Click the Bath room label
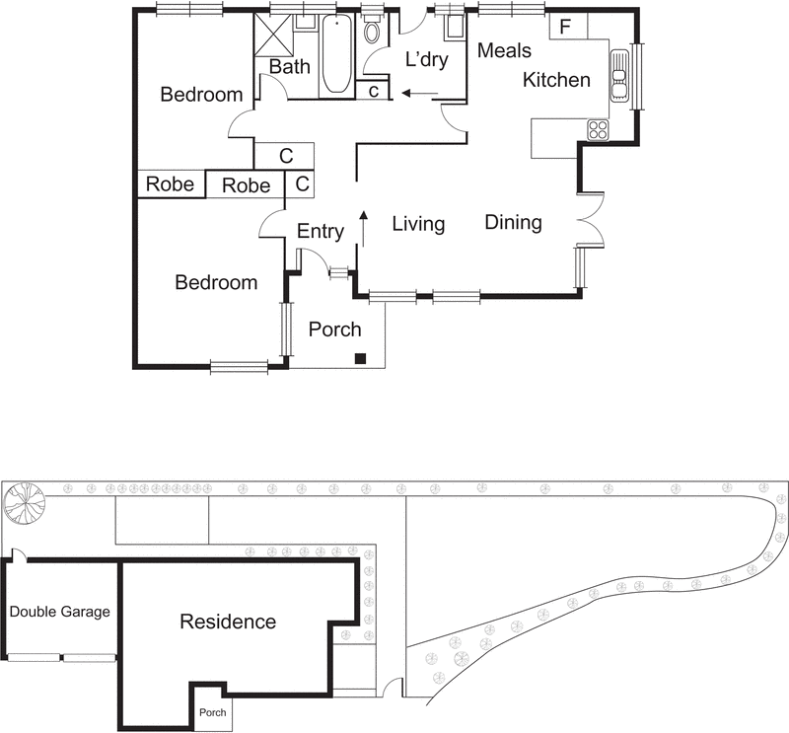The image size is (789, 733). pyautogui.click(x=289, y=67)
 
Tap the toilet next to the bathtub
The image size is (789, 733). pyautogui.click(x=372, y=31)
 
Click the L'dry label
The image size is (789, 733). pyautogui.click(x=426, y=60)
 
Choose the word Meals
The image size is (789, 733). pyautogui.click(x=504, y=50)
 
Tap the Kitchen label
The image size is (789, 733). pyautogui.click(x=556, y=80)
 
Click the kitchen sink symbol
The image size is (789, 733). pyautogui.click(x=619, y=76)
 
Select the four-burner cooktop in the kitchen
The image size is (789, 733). pyautogui.click(x=598, y=129)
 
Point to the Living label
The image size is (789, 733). pyautogui.click(x=418, y=224)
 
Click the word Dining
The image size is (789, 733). pyautogui.click(x=513, y=222)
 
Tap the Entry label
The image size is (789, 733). pyautogui.click(x=321, y=232)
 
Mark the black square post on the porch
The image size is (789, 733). pyautogui.click(x=362, y=358)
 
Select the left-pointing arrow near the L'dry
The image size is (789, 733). pyautogui.click(x=420, y=95)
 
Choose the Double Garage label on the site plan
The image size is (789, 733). pyautogui.click(x=60, y=612)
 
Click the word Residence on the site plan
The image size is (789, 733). pyautogui.click(x=228, y=622)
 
